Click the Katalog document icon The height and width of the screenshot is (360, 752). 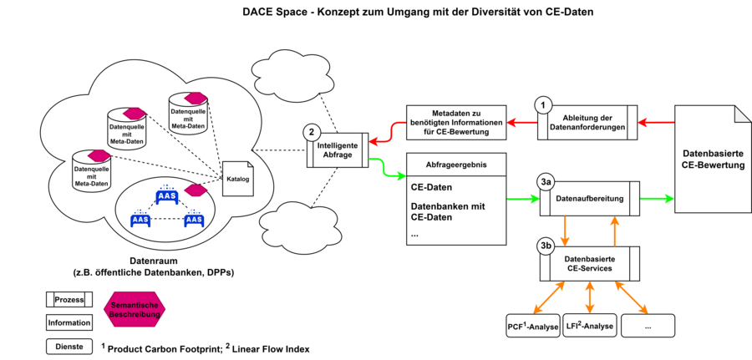238,179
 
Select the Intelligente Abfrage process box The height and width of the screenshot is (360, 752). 338,148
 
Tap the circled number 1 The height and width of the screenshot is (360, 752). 544,105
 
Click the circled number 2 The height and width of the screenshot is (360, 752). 312,132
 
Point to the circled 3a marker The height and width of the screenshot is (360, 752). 546,182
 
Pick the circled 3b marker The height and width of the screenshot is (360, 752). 546,246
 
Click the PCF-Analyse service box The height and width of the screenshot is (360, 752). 531,326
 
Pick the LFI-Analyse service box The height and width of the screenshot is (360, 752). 590,326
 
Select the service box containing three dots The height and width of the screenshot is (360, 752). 648,326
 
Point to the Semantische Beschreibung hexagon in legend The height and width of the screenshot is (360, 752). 135,309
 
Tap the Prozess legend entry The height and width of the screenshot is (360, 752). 69,300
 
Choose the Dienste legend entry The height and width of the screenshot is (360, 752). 69,346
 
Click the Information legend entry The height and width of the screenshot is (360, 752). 69,323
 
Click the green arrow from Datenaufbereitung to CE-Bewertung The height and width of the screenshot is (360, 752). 655,199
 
